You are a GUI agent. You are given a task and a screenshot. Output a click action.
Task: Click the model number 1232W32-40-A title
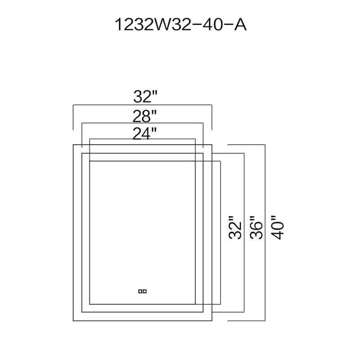[180, 25]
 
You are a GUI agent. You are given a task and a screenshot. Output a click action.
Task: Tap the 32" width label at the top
[145, 96]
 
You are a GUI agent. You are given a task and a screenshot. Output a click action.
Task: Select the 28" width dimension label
[144, 116]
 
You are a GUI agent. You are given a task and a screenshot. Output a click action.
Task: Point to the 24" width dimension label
[144, 134]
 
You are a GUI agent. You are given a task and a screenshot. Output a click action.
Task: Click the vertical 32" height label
[235, 227]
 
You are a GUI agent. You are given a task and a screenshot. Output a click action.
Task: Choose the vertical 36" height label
[256, 227]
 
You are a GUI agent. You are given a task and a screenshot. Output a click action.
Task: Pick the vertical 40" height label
[277, 227]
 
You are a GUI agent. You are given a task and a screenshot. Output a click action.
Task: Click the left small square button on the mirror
[140, 291]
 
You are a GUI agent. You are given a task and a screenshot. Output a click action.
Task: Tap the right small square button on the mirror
[144, 291]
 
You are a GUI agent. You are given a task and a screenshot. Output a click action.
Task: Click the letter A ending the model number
[240, 25]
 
